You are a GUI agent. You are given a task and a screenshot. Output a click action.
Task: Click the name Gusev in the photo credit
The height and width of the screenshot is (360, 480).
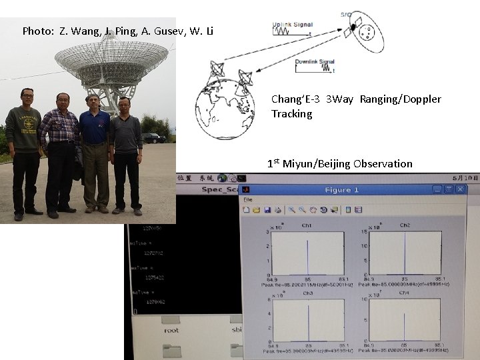pos(159,31)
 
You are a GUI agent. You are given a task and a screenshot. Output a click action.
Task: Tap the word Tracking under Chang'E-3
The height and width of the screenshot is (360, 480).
pos(291,114)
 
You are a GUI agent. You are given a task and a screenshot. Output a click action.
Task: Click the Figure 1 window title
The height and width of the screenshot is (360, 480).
pos(341,190)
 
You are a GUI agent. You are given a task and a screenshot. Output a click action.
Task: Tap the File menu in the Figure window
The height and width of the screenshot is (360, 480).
pos(247,200)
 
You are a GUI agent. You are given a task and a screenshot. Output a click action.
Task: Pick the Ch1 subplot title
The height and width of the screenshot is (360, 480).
pos(307,225)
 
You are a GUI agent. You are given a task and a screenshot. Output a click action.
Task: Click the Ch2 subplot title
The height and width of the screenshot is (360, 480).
pos(405,225)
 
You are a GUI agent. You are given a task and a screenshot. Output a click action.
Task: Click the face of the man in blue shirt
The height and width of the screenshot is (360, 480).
pos(93,103)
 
